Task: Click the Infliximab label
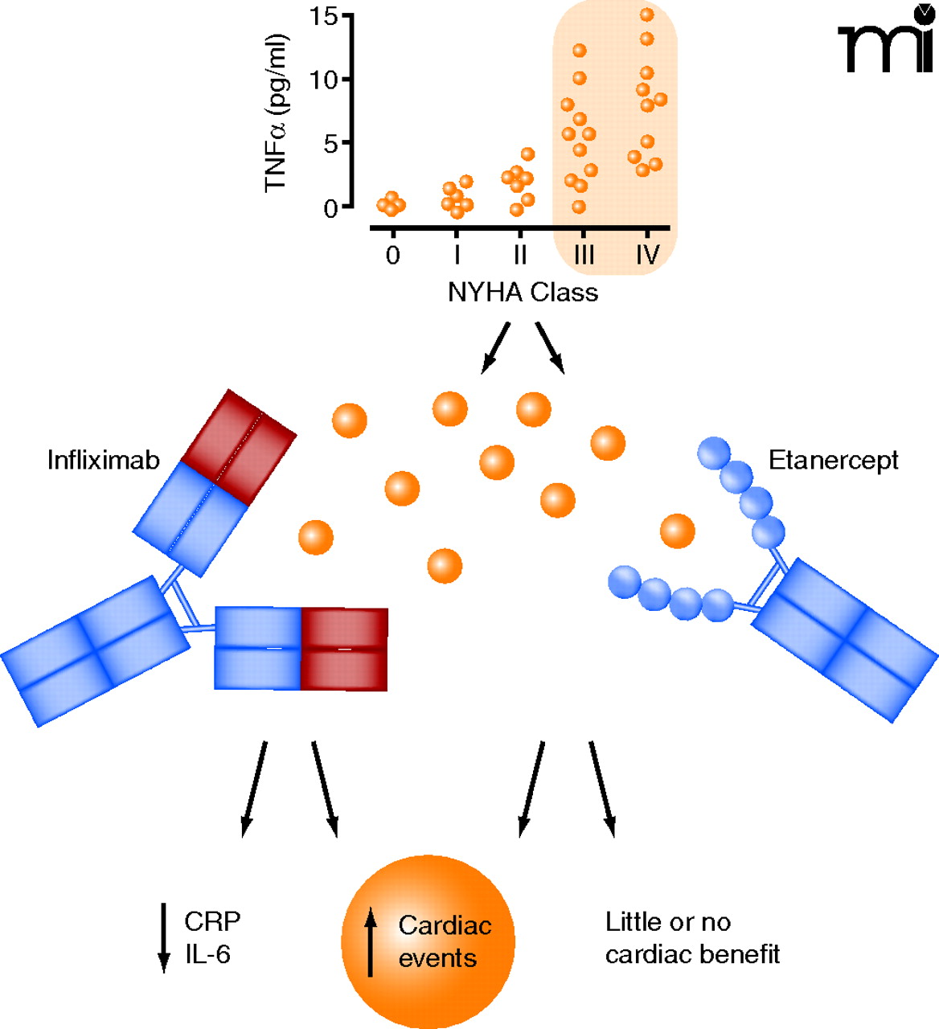pos(103,460)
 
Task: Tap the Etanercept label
pos(833,460)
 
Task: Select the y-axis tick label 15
pos(323,15)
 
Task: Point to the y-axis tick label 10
pos(323,79)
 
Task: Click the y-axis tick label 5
pos(330,143)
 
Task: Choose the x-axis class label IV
pos(647,255)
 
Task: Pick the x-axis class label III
pos(584,255)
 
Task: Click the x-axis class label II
pos(520,255)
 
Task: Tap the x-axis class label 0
pos(392,255)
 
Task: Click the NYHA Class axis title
pos(523,292)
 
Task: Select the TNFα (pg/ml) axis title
pos(277,113)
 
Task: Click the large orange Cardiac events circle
pos(428,941)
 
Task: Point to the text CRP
pos(212,921)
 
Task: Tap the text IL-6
pos(207,954)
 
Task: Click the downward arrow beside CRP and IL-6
pos(164,937)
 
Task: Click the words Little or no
pos(668,921)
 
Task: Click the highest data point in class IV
pos(646,14)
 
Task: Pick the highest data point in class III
pos(580,51)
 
